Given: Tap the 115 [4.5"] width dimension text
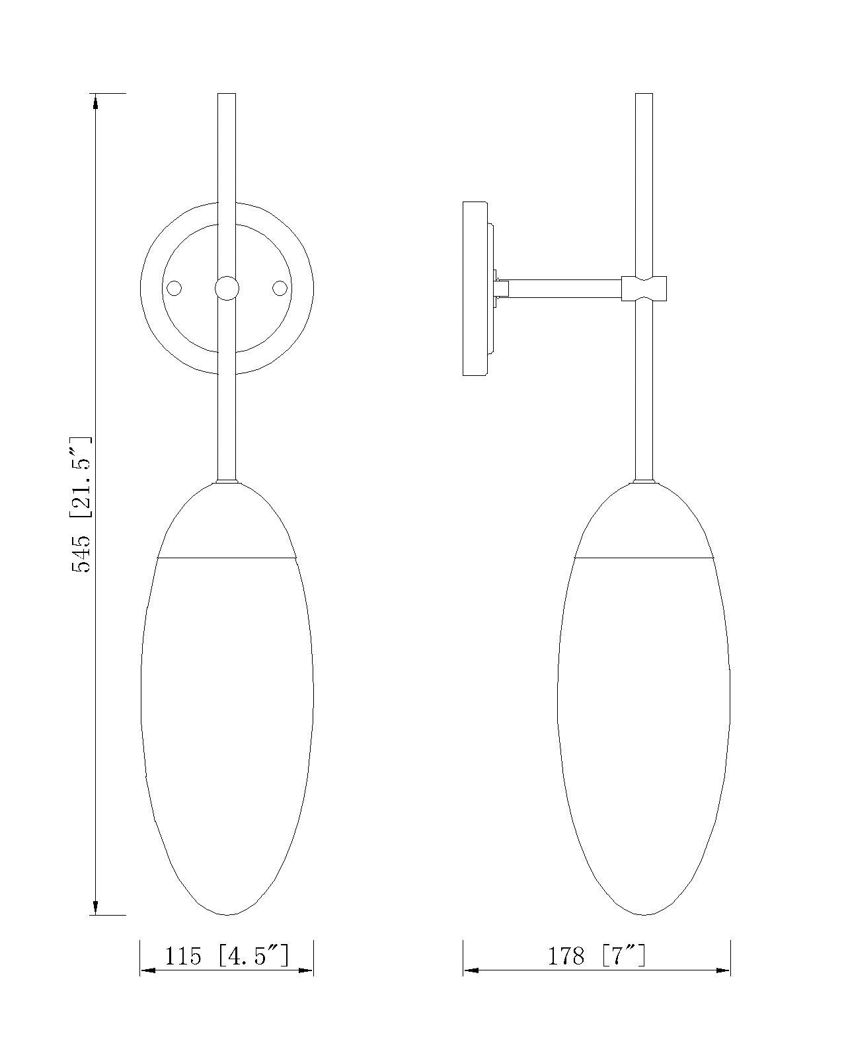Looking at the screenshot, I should [227, 955].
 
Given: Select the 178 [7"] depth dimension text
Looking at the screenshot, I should [596, 955].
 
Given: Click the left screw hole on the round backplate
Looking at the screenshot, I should [174, 288].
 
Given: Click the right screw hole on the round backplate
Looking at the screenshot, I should [280, 288].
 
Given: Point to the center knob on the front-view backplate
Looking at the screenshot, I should [227, 288].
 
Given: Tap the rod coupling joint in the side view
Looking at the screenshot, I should [644, 289].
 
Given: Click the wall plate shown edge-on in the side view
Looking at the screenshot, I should [475, 289].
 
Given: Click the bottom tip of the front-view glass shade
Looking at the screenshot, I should [227, 914].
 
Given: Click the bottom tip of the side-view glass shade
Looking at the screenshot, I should [644, 914].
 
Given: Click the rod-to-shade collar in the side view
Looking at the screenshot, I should [644, 482].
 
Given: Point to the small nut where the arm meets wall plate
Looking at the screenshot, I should [502, 289].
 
